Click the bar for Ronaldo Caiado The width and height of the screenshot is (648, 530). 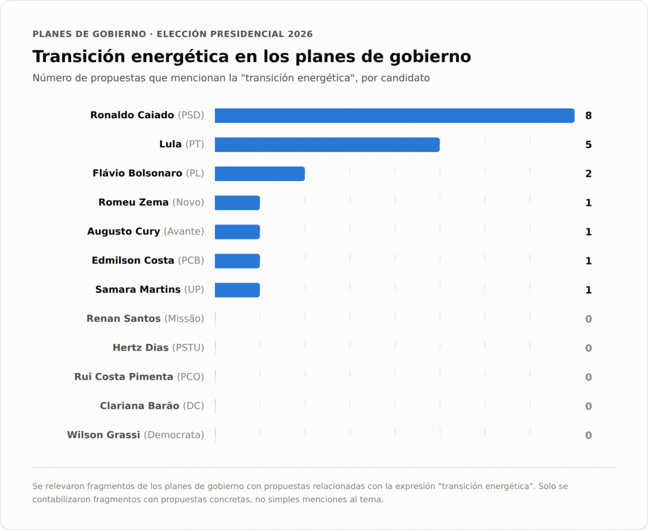point(395,116)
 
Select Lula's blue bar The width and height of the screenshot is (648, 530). point(327,145)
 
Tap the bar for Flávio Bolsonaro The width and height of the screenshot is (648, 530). point(260,174)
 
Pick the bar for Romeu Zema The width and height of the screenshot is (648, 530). point(237,203)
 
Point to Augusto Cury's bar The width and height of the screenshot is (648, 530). point(237,232)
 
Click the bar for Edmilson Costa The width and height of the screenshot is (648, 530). point(237,261)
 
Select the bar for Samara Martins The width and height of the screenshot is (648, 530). point(237,290)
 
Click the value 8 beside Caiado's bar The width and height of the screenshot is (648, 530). point(588,116)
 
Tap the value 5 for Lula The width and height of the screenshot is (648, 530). point(588,145)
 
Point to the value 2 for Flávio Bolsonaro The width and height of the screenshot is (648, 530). point(588,174)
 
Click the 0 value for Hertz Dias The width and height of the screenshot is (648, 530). point(588,348)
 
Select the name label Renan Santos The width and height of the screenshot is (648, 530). point(124,319)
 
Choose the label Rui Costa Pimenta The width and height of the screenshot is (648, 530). point(124,377)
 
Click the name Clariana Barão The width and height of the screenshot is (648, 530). point(140,406)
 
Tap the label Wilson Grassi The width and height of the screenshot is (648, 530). point(104,435)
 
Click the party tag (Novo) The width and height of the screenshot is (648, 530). point(188,202)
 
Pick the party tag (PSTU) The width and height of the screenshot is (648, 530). point(188,348)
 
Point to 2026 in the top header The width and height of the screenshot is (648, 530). point(300,34)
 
